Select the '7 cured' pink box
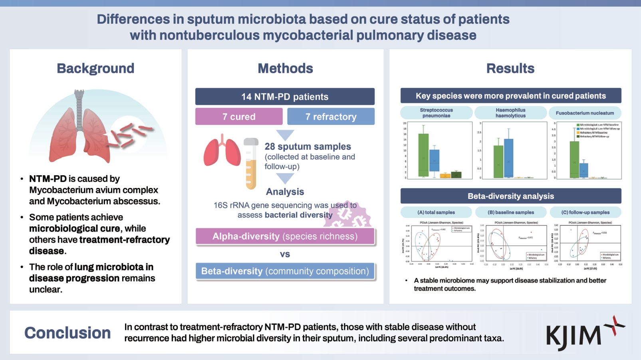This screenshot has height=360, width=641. (239, 117)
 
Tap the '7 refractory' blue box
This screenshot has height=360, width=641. (331, 117)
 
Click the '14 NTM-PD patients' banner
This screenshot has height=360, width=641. (285, 97)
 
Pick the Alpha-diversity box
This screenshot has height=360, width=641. (285, 236)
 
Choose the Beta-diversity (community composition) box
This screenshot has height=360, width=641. (285, 271)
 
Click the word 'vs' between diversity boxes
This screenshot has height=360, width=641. (285, 254)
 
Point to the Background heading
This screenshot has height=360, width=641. (95, 68)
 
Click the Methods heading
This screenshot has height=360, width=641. (285, 68)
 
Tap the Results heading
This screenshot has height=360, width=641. (510, 68)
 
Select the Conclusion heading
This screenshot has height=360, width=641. (67, 333)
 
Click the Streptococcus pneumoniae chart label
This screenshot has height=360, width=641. (436, 113)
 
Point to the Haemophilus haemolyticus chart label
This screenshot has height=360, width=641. (510, 113)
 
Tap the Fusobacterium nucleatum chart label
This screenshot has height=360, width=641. (585, 113)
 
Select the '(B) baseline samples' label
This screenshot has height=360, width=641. (510, 212)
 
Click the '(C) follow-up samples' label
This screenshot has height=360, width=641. (585, 212)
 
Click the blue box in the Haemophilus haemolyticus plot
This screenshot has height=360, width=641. (508, 158)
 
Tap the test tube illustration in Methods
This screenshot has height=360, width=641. (251, 164)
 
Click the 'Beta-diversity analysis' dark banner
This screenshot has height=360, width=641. (511, 196)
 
